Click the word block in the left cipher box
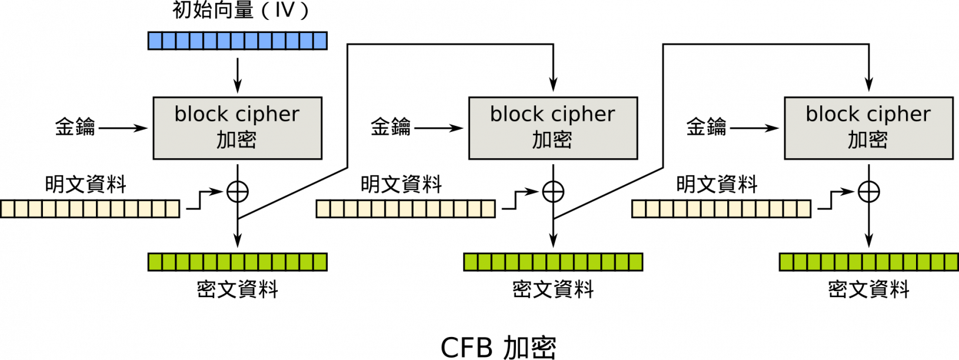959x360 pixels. (x=201, y=114)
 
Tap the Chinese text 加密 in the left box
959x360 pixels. (x=237, y=140)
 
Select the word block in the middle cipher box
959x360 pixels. (x=517, y=114)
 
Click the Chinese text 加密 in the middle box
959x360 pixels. (x=552, y=140)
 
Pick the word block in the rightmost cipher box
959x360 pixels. (x=832, y=114)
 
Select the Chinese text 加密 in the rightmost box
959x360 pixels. (x=868, y=140)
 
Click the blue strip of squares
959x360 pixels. (x=237, y=41)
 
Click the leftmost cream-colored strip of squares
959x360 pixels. (x=90, y=209)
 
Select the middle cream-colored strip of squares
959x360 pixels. (x=405, y=209)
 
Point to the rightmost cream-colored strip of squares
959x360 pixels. (x=721, y=209)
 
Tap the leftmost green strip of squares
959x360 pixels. (x=237, y=262)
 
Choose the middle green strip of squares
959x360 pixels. (x=553, y=262)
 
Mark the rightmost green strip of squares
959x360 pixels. (x=868, y=262)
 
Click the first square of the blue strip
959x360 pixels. (x=155, y=41)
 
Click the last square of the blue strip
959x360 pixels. (x=319, y=41)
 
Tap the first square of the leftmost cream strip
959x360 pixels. (x=8, y=209)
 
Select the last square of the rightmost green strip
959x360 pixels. (x=951, y=262)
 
